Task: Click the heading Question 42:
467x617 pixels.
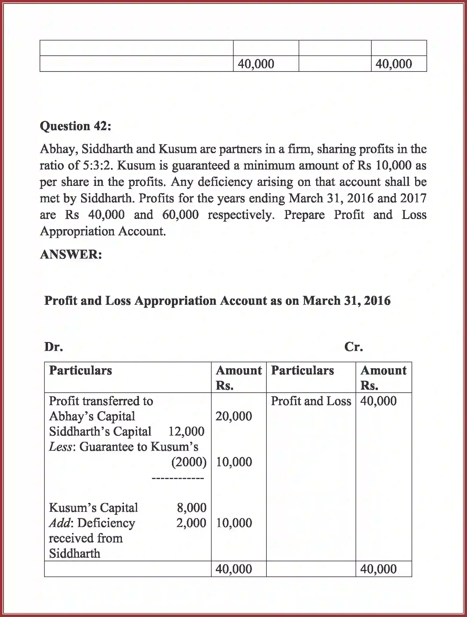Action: point(75,126)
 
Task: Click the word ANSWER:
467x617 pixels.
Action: point(71,255)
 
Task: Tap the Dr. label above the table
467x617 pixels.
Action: point(53,347)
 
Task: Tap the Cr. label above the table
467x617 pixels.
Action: point(353,347)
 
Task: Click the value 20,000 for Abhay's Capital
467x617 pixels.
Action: point(234,416)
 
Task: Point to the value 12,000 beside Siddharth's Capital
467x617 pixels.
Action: point(186,431)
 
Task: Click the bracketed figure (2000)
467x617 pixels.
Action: point(189,462)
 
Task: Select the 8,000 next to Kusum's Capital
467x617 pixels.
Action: point(192,508)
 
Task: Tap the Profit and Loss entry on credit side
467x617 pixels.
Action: point(311,401)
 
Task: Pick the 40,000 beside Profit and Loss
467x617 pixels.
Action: point(378,401)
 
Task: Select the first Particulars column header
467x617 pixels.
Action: point(80,371)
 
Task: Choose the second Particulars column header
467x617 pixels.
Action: point(302,371)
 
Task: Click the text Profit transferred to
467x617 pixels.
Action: point(101,401)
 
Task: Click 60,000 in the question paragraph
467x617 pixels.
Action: point(180,215)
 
